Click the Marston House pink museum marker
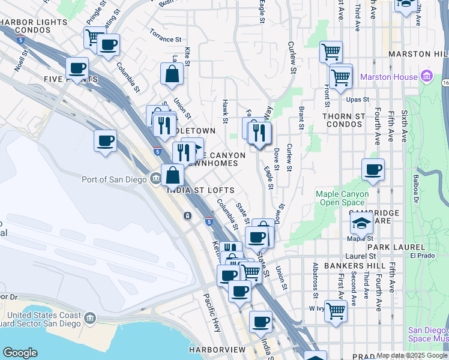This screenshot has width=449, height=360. point(427,77)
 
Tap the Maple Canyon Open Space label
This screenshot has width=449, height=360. point(340,198)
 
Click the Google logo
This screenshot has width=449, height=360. point(20,353)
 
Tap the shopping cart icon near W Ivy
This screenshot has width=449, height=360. point(336,310)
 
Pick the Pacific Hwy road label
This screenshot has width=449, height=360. point(212,311)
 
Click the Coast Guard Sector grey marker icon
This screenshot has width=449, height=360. point(91,317)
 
